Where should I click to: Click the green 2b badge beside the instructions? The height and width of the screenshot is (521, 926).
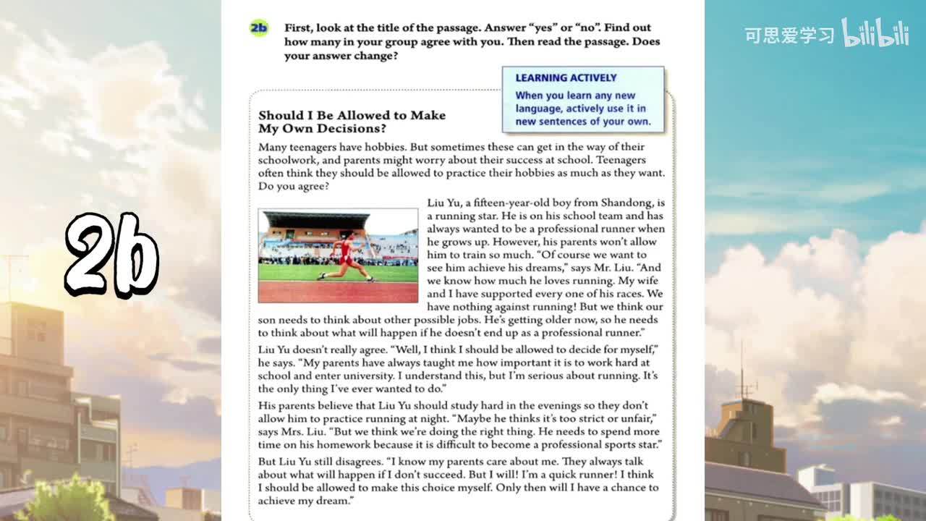coord(258,28)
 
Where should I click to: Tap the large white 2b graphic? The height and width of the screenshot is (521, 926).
coord(112,255)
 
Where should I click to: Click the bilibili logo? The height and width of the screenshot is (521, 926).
coord(875,33)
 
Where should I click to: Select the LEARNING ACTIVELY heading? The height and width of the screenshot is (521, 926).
coord(566,78)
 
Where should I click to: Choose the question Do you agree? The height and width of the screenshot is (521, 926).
coord(294,186)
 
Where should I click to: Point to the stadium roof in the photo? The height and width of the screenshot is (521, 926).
coord(315,219)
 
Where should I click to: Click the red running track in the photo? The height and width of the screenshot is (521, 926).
coord(338,291)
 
